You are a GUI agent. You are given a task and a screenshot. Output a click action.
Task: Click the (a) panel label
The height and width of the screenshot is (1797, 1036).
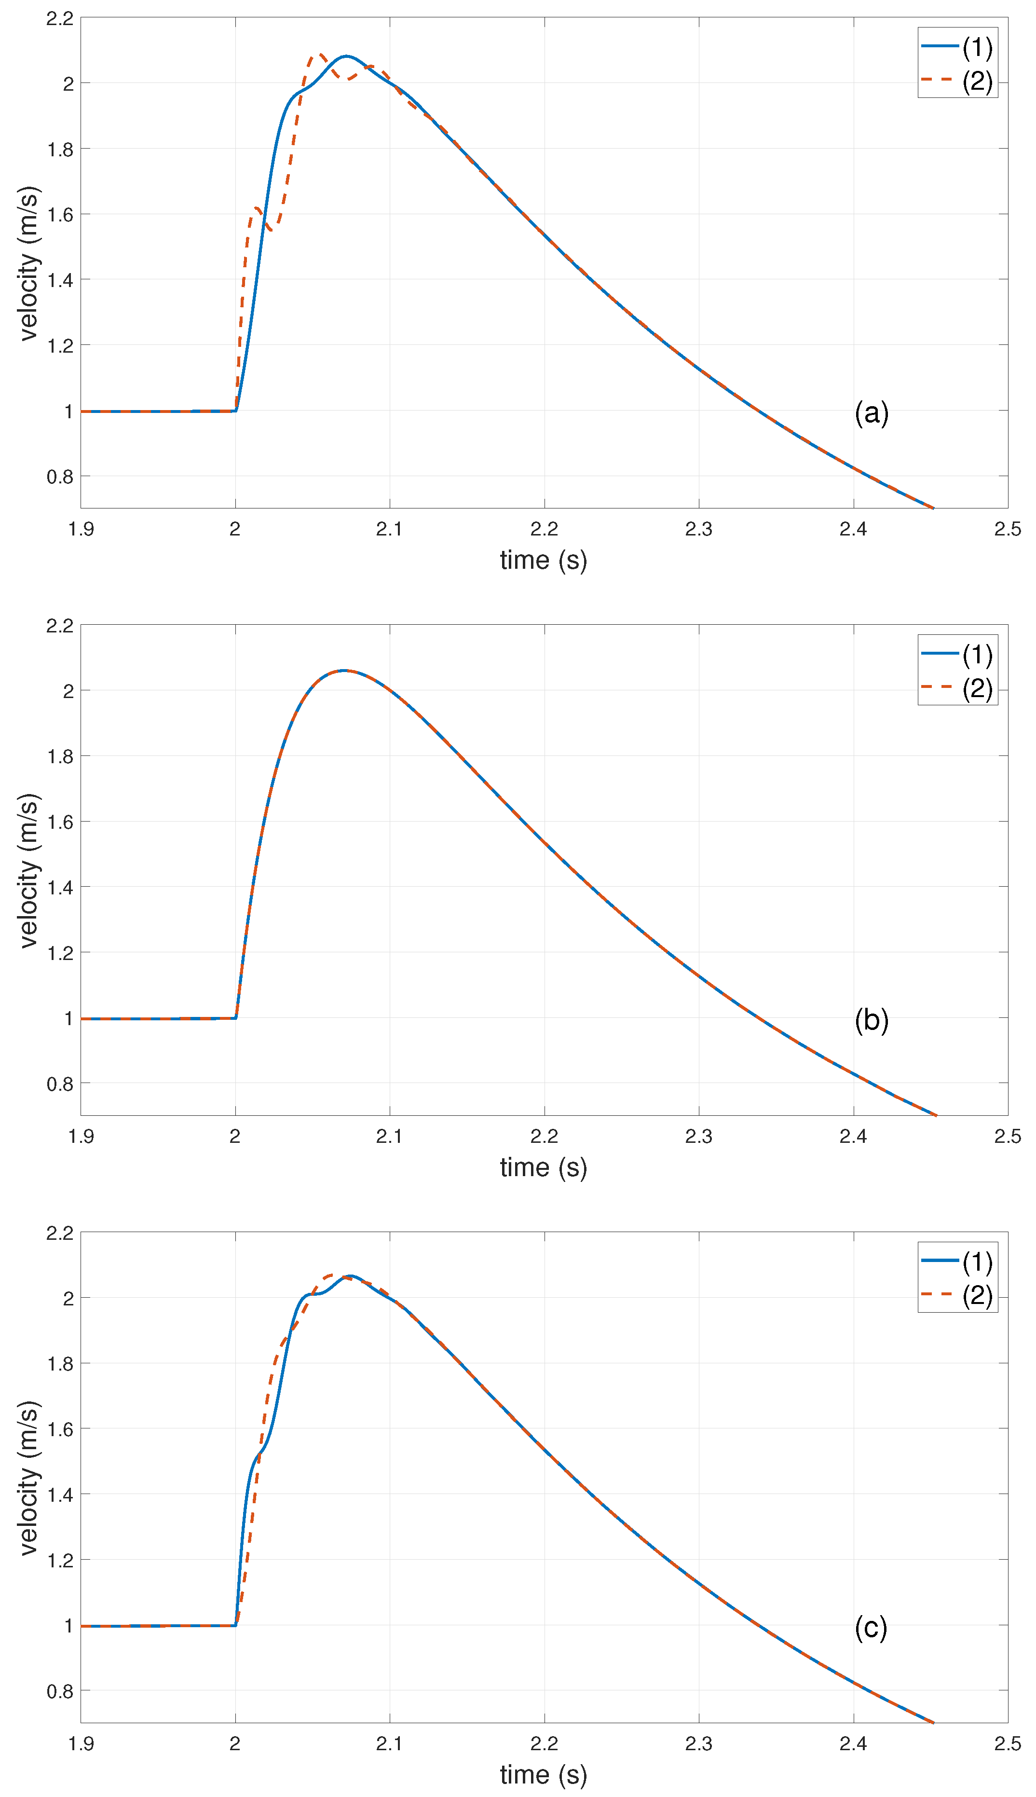(x=871, y=413)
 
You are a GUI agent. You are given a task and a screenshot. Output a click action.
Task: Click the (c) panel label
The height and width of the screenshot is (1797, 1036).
(x=871, y=1628)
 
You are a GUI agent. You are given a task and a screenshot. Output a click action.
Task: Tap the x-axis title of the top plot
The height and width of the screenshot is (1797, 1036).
(x=543, y=560)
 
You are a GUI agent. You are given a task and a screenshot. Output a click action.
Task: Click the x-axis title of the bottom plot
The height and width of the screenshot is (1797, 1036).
(x=543, y=1774)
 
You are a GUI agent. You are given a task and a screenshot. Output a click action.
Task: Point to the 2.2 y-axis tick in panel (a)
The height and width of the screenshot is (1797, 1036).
(x=60, y=18)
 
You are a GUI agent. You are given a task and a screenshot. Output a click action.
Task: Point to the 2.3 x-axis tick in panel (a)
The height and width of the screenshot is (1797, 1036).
(x=698, y=529)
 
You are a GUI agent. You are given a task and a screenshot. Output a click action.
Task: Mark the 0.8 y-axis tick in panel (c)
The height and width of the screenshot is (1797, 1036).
(x=60, y=1691)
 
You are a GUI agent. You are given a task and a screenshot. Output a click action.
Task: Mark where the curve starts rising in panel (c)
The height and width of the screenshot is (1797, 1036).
(x=235, y=1625)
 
